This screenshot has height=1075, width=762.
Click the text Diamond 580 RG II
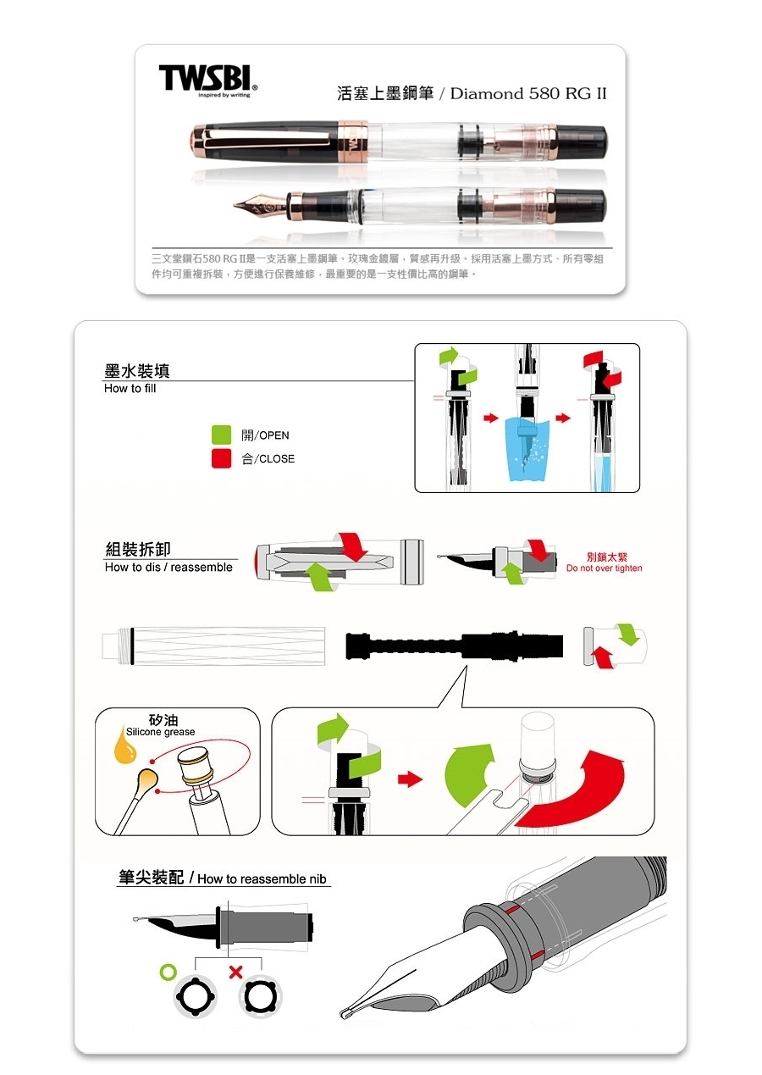tap(528, 93)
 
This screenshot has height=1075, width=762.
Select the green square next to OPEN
tap(221, 435)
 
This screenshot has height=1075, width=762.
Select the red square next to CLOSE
tap(221, 457)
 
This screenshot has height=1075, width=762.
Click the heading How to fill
tap(130, 388)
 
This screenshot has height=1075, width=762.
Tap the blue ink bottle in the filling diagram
tap(527, 449)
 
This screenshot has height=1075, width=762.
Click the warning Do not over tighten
tap(604, 568)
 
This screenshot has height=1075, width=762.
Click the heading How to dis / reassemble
tap(168, 567)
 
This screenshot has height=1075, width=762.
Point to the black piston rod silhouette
tap(454, 646)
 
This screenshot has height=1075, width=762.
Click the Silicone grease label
tap(160, 732)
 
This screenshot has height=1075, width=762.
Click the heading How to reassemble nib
tap(262, 878)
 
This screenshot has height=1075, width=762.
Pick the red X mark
tap(235, 972)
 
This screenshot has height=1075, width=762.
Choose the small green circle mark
tap(168, 972)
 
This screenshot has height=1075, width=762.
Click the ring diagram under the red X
tap(261, 996)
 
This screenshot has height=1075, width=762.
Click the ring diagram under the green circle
tap(195, 996)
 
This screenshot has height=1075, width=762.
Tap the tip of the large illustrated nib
tap(344, 1013)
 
